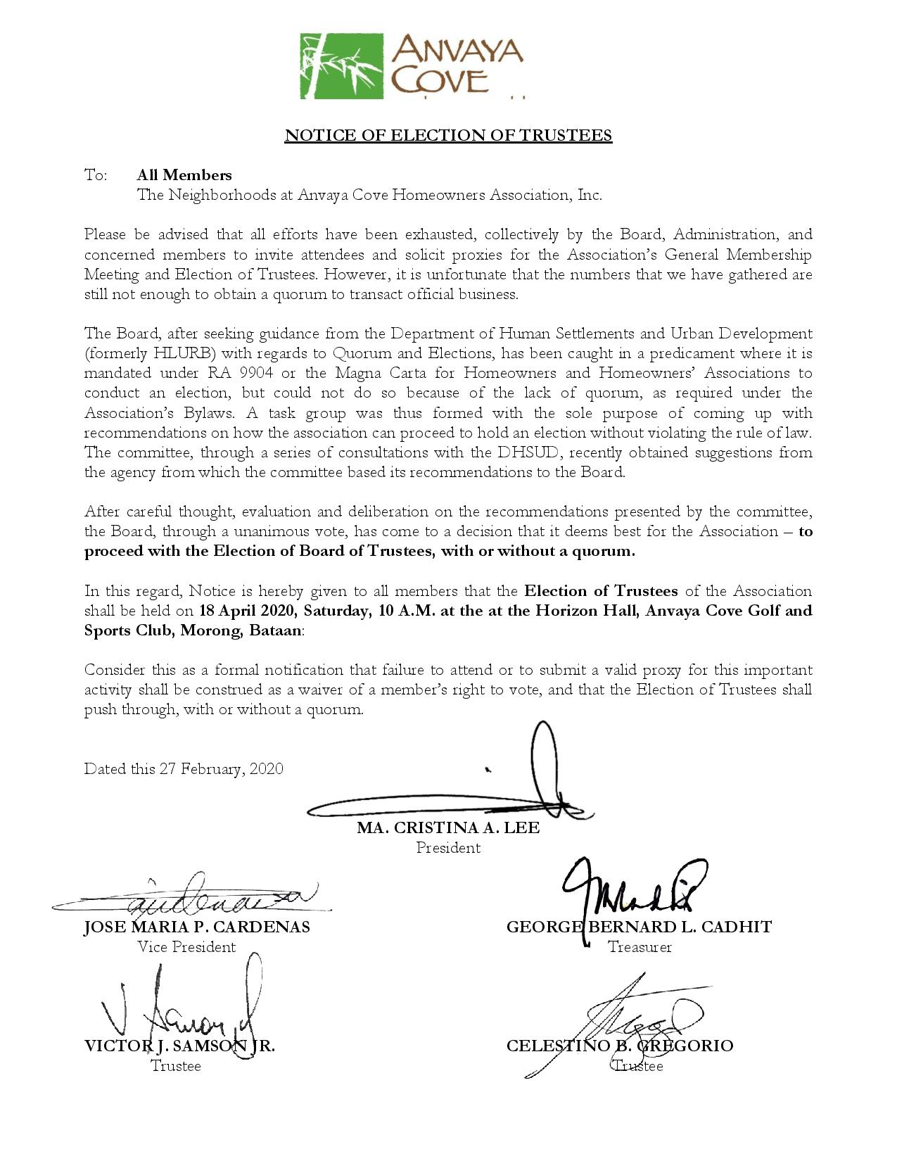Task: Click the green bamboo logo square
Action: pos(341,65)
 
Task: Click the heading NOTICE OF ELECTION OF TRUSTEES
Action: pos(448,135)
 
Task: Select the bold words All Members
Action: pos(184,175)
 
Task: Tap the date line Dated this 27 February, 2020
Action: pos(184,768)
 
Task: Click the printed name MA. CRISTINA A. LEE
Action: pos(448,828)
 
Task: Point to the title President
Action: pos(448,848)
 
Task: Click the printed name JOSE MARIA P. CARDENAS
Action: pos(197,927)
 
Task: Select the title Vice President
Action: pos(186,947)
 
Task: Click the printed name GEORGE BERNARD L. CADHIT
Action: pos(639,927)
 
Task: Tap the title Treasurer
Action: pos(640,947)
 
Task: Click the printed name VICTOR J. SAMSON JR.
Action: pos(179,1046)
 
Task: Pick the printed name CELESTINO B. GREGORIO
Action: pos(620,1046)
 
